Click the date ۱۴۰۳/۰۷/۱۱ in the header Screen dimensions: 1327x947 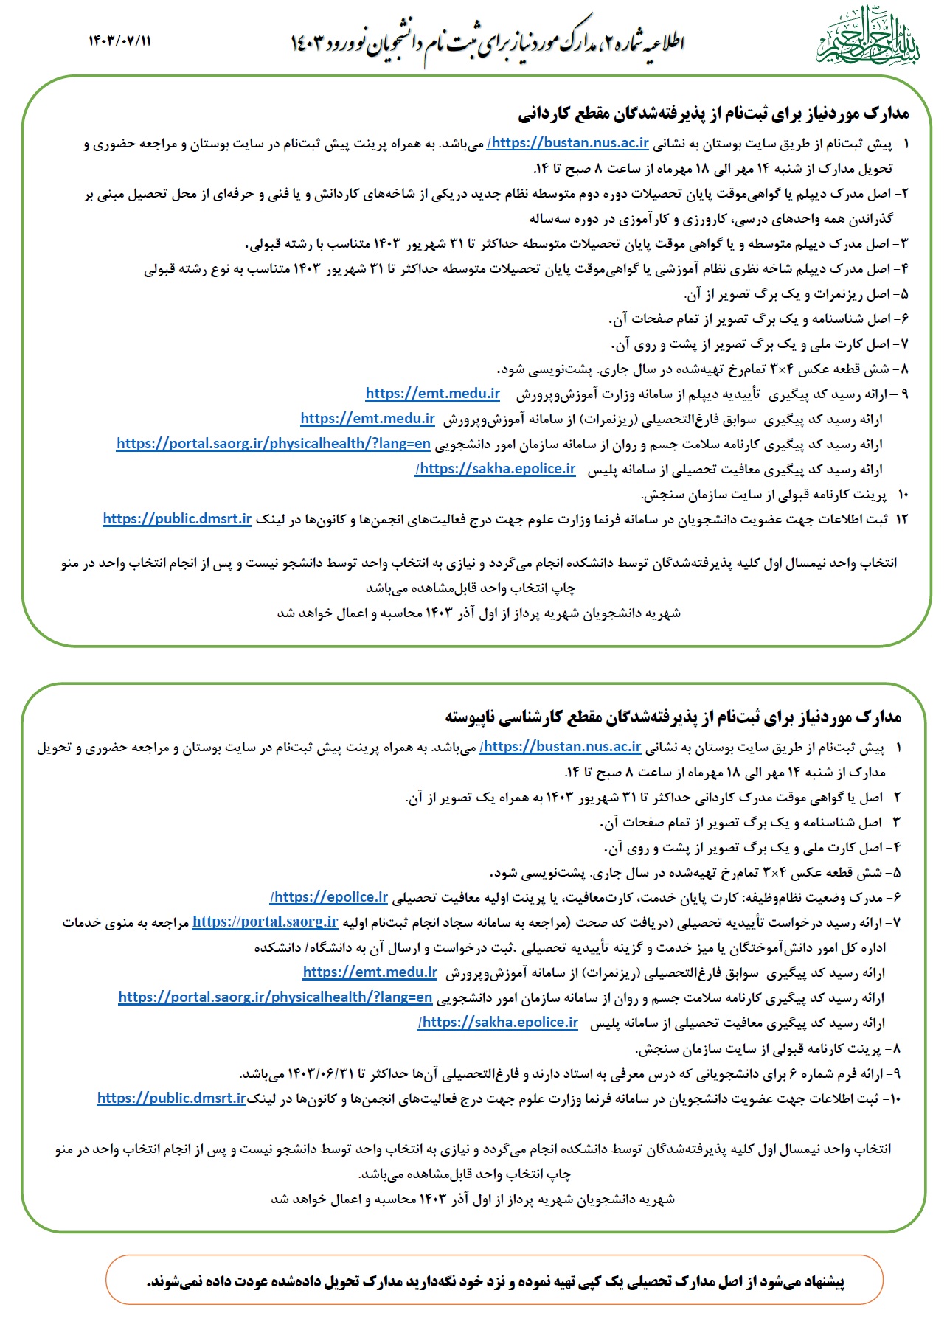pyautogui.click(x=119, y=41)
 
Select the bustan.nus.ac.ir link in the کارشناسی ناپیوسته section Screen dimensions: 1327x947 pyautogui.click(x=561, y=747)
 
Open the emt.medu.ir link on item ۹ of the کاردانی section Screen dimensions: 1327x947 pyautogui.click(x=432, y=394)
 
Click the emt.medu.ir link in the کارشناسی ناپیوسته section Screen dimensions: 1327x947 pyautogui.click(x=370, y=972)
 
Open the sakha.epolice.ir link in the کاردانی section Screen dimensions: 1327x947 pyautogui.click(x=496, y=469)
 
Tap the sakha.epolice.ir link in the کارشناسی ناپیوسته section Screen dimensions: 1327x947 pyautogui.click(x=498, y=1023)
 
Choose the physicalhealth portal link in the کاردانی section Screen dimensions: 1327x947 pyautogui.click(x=273, y=444)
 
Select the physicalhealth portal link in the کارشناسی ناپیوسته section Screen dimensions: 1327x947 pyautogui.click(x=275, y=997)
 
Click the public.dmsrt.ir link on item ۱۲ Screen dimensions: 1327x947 pyautogui.click(x=177, y=519)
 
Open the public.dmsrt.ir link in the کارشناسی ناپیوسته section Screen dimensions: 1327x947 pyautogui.click(x=171, y=1098)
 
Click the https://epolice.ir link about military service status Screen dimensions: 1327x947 pyautogui.click(x=329, y=897)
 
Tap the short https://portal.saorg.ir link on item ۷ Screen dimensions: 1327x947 pyautogui.click(x=265, y=922)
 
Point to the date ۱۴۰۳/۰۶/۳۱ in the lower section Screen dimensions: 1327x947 pyautogui.click(x=318, y=1073)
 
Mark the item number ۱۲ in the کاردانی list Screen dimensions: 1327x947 pyautogui.click(x=901, y=519)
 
